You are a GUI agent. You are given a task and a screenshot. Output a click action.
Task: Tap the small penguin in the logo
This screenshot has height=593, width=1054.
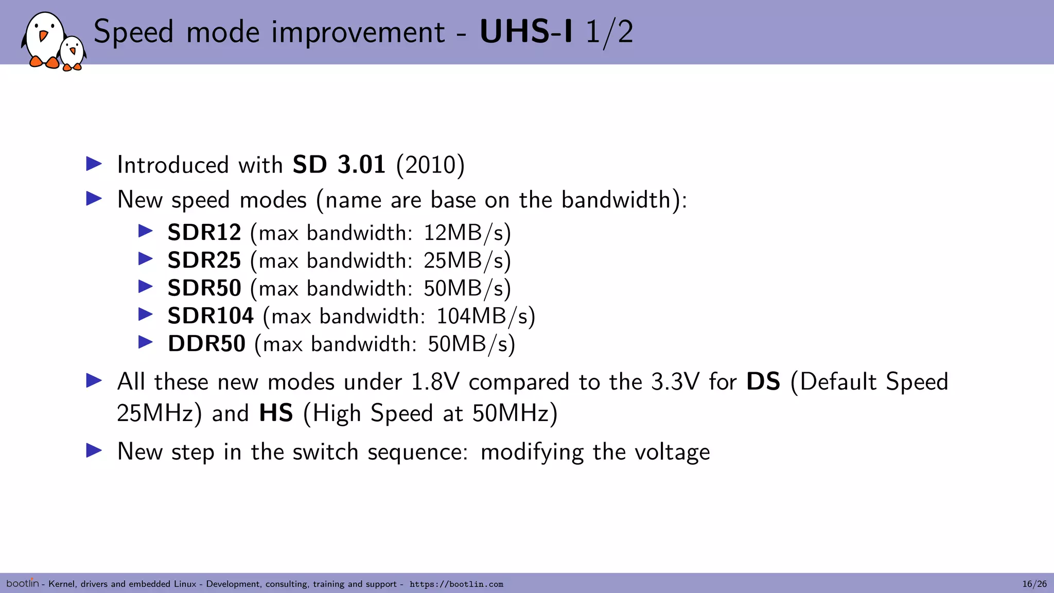[73, 53]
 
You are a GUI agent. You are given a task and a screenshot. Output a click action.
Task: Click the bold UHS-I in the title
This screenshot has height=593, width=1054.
[526, 32]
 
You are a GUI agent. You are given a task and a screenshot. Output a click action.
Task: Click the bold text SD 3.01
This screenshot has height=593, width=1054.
[339, 165]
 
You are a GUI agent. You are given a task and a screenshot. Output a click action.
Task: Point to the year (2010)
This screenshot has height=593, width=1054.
[430, 165]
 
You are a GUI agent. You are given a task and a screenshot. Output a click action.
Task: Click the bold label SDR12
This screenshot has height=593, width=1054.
[204, 233]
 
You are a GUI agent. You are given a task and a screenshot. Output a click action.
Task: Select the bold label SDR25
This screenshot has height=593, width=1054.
[204, 260]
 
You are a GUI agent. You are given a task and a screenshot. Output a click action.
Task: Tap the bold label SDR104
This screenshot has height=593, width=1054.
[210, 316]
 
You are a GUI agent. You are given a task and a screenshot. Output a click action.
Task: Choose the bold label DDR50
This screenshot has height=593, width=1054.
[206, 344]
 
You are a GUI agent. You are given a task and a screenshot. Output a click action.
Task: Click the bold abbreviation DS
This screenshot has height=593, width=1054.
[763, 382]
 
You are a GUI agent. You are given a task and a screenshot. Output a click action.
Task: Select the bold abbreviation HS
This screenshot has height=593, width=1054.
[276, 413]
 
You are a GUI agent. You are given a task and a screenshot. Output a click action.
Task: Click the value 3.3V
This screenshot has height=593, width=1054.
[675, 382]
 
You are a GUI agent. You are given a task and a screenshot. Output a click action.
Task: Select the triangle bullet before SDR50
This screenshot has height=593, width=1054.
[146, 286]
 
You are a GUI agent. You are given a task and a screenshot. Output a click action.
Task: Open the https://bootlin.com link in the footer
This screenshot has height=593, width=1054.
[456, 584]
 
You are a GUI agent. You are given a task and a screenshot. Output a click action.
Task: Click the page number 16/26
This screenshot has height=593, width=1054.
[1034, 584]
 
